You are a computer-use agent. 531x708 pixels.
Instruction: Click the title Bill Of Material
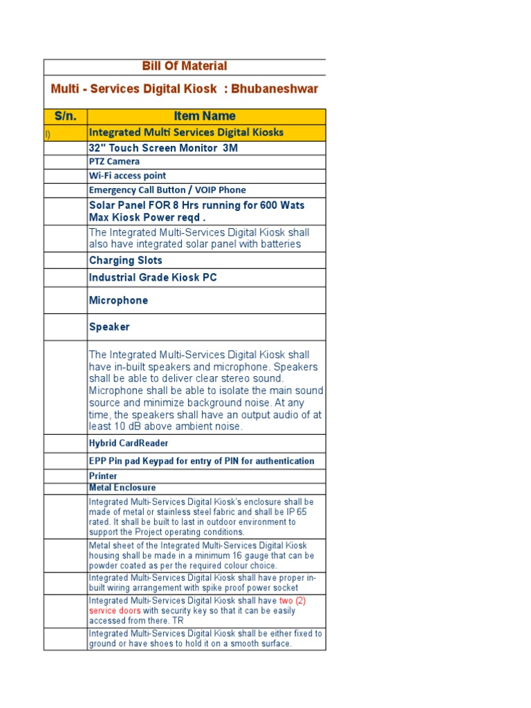click(x=185, y=66)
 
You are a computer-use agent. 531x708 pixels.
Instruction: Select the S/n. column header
click(x=66, y=116)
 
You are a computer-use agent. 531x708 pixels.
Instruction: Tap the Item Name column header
click(x=205, y=116)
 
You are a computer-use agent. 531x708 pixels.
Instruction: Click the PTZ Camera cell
click(x=114, y=162)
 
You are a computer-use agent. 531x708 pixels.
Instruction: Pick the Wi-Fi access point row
click(x=127, y=176)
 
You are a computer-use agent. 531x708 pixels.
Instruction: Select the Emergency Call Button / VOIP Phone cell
click(x=167, y=190)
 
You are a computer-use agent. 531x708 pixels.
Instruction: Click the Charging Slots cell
click(x=126, y=261)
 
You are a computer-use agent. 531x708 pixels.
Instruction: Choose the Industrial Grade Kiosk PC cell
click(x=153, y=278)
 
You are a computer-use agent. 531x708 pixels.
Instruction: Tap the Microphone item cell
click(x=118, y=301)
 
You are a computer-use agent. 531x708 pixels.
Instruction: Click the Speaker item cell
click(x=109, y=327)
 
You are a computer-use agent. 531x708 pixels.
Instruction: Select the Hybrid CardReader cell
click(x=129, y=443)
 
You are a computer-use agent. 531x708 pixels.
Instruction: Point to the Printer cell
click(x=103, y=476)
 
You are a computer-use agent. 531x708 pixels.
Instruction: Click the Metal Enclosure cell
click(x=122, y=488)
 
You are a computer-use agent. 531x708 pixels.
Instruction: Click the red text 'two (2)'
click(x=292, y=601)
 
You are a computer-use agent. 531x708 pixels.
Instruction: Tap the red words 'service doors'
click(x=115, y=611)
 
